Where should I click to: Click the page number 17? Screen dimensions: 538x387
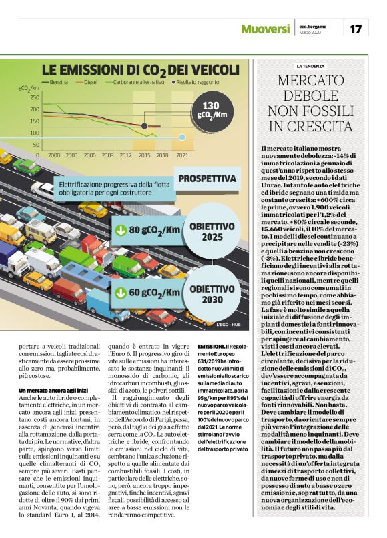click(x=356, y=29)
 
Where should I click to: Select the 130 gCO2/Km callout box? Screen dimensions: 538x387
click(x=210, y=111)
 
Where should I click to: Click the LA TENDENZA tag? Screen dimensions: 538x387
click(x=310, y=66)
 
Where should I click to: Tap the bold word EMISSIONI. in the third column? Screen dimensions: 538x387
click(x=212, y=347)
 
